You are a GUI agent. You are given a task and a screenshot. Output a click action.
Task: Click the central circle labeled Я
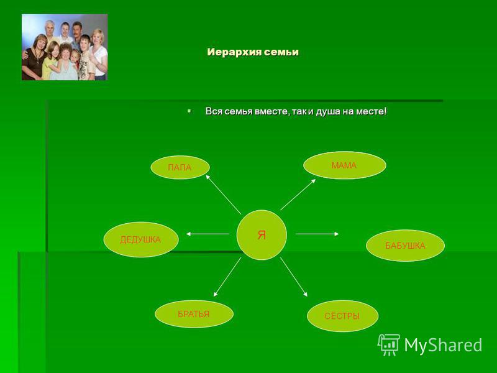pyautogui.click(x=262, y=235)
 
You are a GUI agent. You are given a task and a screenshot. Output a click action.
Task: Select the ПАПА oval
pyautogui.click(x=180, y=167)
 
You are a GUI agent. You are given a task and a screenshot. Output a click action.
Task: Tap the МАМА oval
pyautogui.click(x=345, y=165)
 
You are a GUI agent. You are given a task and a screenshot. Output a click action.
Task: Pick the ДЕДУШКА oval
pyautogui.click(x=141, y=239)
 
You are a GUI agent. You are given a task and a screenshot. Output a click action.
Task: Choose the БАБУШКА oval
pyautogui.click(x=406, y=246)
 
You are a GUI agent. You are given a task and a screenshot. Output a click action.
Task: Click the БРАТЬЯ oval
pyautogui.click(x=194, y=314)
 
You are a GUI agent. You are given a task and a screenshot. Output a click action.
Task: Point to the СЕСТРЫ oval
pyautogui.click(x=343, y=316)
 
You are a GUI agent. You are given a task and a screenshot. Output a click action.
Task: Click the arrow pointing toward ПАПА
pyautogui.click(x=223, y=194)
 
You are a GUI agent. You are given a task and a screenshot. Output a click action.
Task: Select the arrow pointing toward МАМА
pyautogui.click(x=298, y=195)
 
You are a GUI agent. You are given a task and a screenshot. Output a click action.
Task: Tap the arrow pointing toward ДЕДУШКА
pyautogui.click(x=207, y=234)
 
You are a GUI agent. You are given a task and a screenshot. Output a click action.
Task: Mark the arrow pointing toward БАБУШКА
pyautogui.click(x=317, y=234)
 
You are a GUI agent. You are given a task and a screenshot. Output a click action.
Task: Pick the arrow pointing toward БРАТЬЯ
pyautogui.click(x=227, y=277)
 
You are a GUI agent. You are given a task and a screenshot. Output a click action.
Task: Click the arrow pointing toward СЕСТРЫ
pyautogui.click(x=294, y=277)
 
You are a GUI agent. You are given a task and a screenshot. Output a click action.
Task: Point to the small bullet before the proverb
pyautogui.click(x=189, y=111)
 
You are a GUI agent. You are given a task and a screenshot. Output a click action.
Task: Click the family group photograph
pyautogui.click(x=65, y=47)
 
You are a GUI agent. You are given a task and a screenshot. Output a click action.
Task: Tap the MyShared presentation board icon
pyautogui.click(x=389, y=344)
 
